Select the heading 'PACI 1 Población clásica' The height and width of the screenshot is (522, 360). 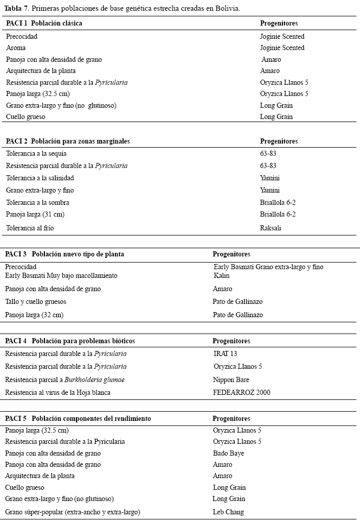tap(44, 23)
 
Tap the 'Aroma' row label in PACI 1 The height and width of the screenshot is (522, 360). tap(16, 48)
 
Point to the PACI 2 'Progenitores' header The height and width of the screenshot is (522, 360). tap(279, 141)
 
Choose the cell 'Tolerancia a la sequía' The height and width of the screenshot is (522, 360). tap(36, 154)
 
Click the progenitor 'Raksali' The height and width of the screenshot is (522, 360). tap(271, 228)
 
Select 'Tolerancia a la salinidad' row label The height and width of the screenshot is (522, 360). tap(40, 178)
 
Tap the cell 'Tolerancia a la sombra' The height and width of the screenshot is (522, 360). tap(37, 203)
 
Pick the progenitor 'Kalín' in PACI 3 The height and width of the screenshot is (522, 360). tap(222, 276)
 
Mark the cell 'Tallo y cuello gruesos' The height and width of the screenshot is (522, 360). tap(36, 302)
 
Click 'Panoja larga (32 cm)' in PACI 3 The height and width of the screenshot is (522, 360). tap(34, 315)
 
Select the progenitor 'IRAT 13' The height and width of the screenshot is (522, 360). tap(225, 353)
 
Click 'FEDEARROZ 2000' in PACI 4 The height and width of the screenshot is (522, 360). tap(242, 393)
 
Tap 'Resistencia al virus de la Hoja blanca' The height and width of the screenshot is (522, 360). tap(58, 393)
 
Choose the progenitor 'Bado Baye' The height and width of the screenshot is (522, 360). tap(228, 454)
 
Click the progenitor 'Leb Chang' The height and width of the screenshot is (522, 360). tap(228, 512)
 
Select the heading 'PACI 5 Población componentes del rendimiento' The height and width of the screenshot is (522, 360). tap(78, 418)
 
